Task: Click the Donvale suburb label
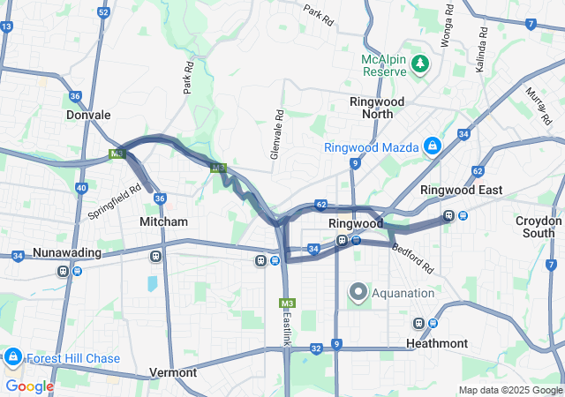(x=88, y=115)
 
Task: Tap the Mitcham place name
(x=163, y=222)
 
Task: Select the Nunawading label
(x=67, y=253)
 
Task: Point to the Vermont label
(x=173, y=372)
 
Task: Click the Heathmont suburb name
(x=437, y=343)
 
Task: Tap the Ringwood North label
(x=377, y=108)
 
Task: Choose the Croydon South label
(x=539, y=227)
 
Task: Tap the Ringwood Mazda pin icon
(x=433, y=146)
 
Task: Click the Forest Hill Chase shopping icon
(x=12, y=357)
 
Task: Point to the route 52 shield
(x=104, y=12)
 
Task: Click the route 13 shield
(x=6, y=26)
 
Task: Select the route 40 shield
(x=81, y=188)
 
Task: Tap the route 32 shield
(x=316, y=349)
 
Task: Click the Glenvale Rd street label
(x=277, y=134)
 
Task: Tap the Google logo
(x=29, y=386)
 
